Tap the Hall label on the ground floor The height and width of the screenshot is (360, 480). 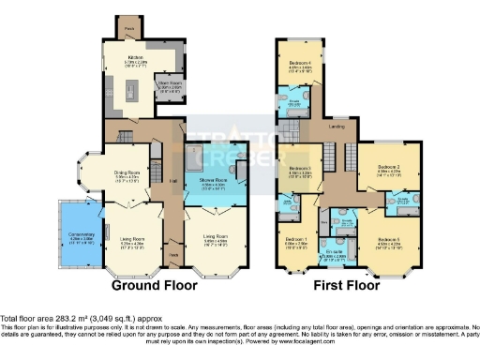[x=172, y=181]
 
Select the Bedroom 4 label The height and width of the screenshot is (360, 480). [x=300, y=62]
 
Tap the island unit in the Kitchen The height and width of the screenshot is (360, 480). [x=132, y=91]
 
